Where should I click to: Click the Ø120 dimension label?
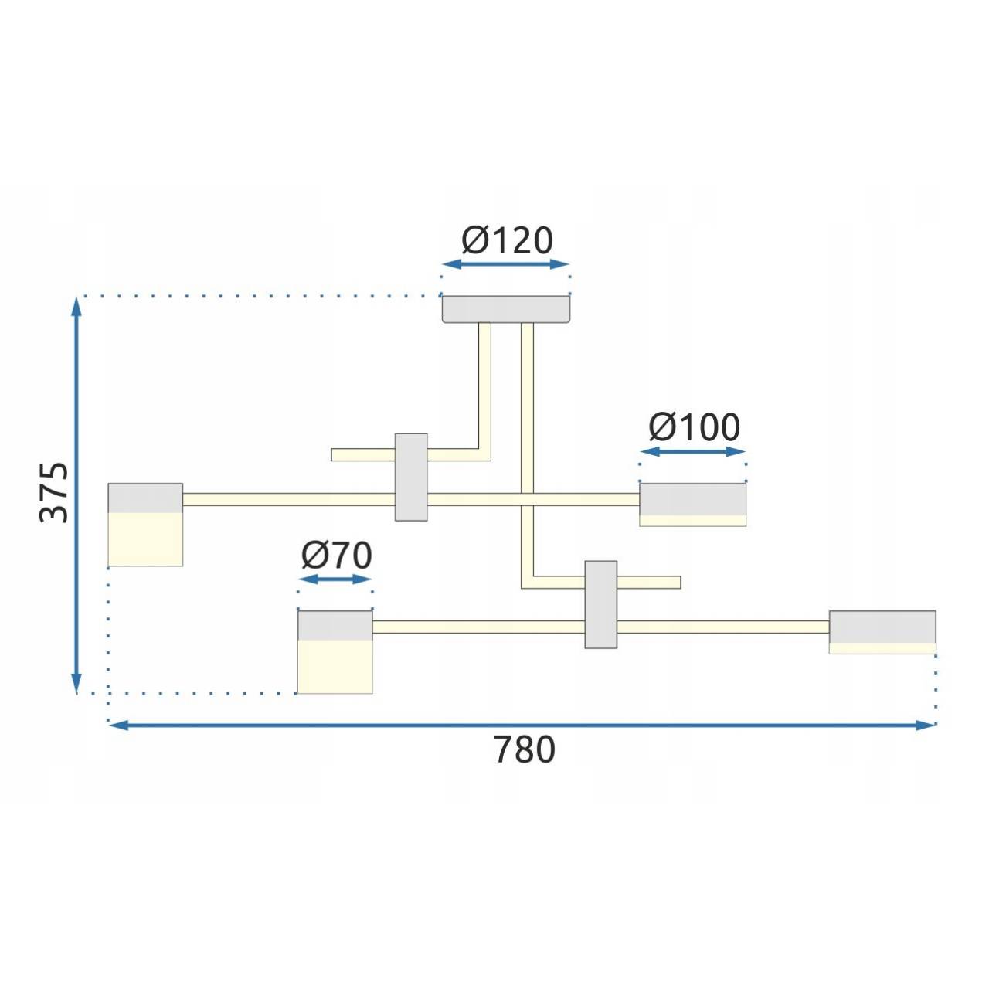click(x=507, y=241)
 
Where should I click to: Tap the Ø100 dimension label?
click(x=694, y=427)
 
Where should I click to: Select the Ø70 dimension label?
click(x=336, y=556)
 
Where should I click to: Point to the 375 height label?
click(x=55, y=493)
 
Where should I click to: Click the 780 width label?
click(x=524, y=750)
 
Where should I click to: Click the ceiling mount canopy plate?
click(x=506, y=309)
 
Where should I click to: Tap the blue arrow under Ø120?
click(x=505, y=265)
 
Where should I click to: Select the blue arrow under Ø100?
click(x=693, y=451)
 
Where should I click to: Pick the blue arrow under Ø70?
click(x=335, y=579)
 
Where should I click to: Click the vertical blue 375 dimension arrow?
click(x=76, y=494)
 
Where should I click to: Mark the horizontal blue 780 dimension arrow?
click(x=522, y=725)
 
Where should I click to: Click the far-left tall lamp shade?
click(x=145, y=525)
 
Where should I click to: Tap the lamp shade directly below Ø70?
click(x=335, y=652)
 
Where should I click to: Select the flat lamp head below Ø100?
click(x=692, y=504)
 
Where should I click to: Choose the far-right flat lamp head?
click(x=882, y=631)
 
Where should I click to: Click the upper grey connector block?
click(x=411, y=477)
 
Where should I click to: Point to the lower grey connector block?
click(x=600, y=604)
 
